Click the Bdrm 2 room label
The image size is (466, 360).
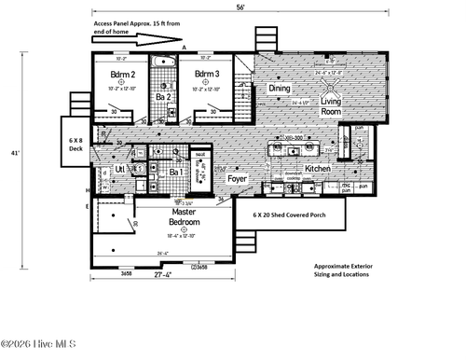click(122, 74)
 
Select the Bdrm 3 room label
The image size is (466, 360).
click(206, 74)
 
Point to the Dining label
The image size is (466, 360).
click(280, 89)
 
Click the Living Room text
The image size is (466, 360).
click(332, 105)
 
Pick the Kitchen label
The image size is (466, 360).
click(318, 169)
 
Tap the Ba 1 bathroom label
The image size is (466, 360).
click(175, 172)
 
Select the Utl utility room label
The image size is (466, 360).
click(120, 169)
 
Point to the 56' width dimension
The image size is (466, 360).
click(241, 8)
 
